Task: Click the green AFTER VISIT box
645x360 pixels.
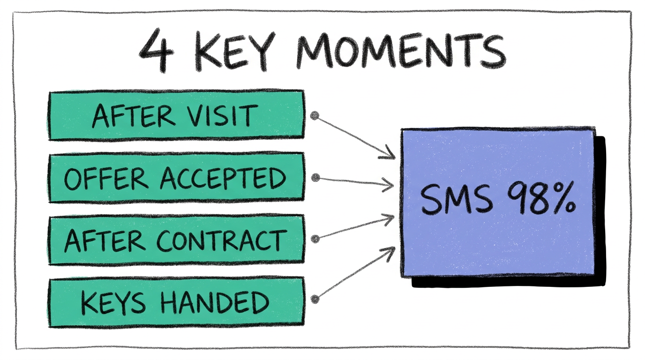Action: [176, 115]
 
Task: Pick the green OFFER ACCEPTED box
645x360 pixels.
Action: [176, 177]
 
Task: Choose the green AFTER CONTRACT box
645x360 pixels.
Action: [176, 240]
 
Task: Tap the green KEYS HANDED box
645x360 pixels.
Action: [176, 302]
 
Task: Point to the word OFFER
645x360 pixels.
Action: [106, 178]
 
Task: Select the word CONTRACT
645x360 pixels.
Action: [222, 240]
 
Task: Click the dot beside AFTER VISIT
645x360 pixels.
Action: [315, 116]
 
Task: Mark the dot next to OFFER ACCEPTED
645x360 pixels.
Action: [315, 178]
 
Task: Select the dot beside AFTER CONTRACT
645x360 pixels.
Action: [315, 239]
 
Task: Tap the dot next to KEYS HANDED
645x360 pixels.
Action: [315, 299]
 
